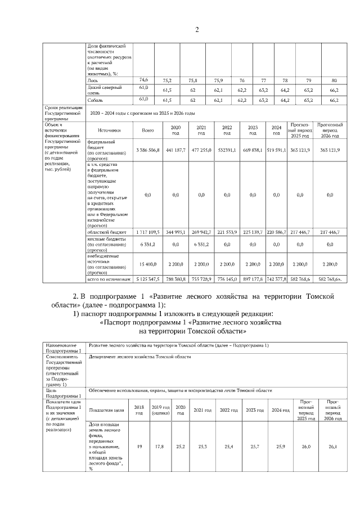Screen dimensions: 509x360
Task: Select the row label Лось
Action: (x=92, y=80)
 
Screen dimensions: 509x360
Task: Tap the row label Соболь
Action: (x=95, y=100)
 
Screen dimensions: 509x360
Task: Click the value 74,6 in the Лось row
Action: (x=143, y=80)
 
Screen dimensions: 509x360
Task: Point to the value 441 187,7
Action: (x=175, y=150)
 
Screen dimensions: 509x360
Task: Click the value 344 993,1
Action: (x=175, y=231)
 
